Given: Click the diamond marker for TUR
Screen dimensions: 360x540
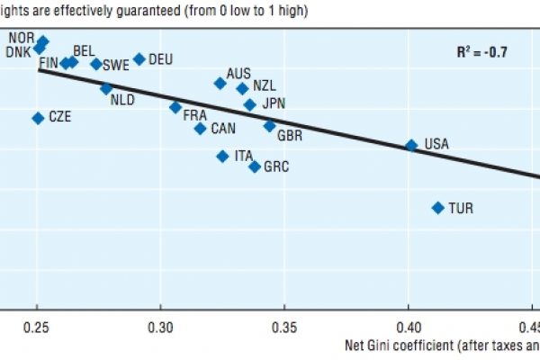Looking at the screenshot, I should click(438, 208).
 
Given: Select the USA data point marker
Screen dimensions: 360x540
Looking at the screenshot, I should click(411, 145).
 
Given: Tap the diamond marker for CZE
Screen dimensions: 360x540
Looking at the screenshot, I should click(38, 118).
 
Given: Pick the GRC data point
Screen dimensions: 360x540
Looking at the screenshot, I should click(255, 166).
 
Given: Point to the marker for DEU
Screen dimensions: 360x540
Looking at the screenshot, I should click(139, 59).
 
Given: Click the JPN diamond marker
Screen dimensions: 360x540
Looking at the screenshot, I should click(250, 105).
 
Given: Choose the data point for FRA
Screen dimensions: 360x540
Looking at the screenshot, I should click(175, 107).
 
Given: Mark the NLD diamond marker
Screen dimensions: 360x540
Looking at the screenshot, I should click(106, 88).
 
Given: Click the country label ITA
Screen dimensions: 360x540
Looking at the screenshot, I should click(244, 156).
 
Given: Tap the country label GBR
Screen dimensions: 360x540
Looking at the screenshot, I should click(290, 135).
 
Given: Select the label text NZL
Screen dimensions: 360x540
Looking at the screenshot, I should click(265, 85).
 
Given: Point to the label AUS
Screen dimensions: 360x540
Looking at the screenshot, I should click(238, 73).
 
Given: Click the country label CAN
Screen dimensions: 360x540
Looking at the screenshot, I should click(223, 129).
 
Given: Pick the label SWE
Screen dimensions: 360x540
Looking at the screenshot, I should click(116, 65).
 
